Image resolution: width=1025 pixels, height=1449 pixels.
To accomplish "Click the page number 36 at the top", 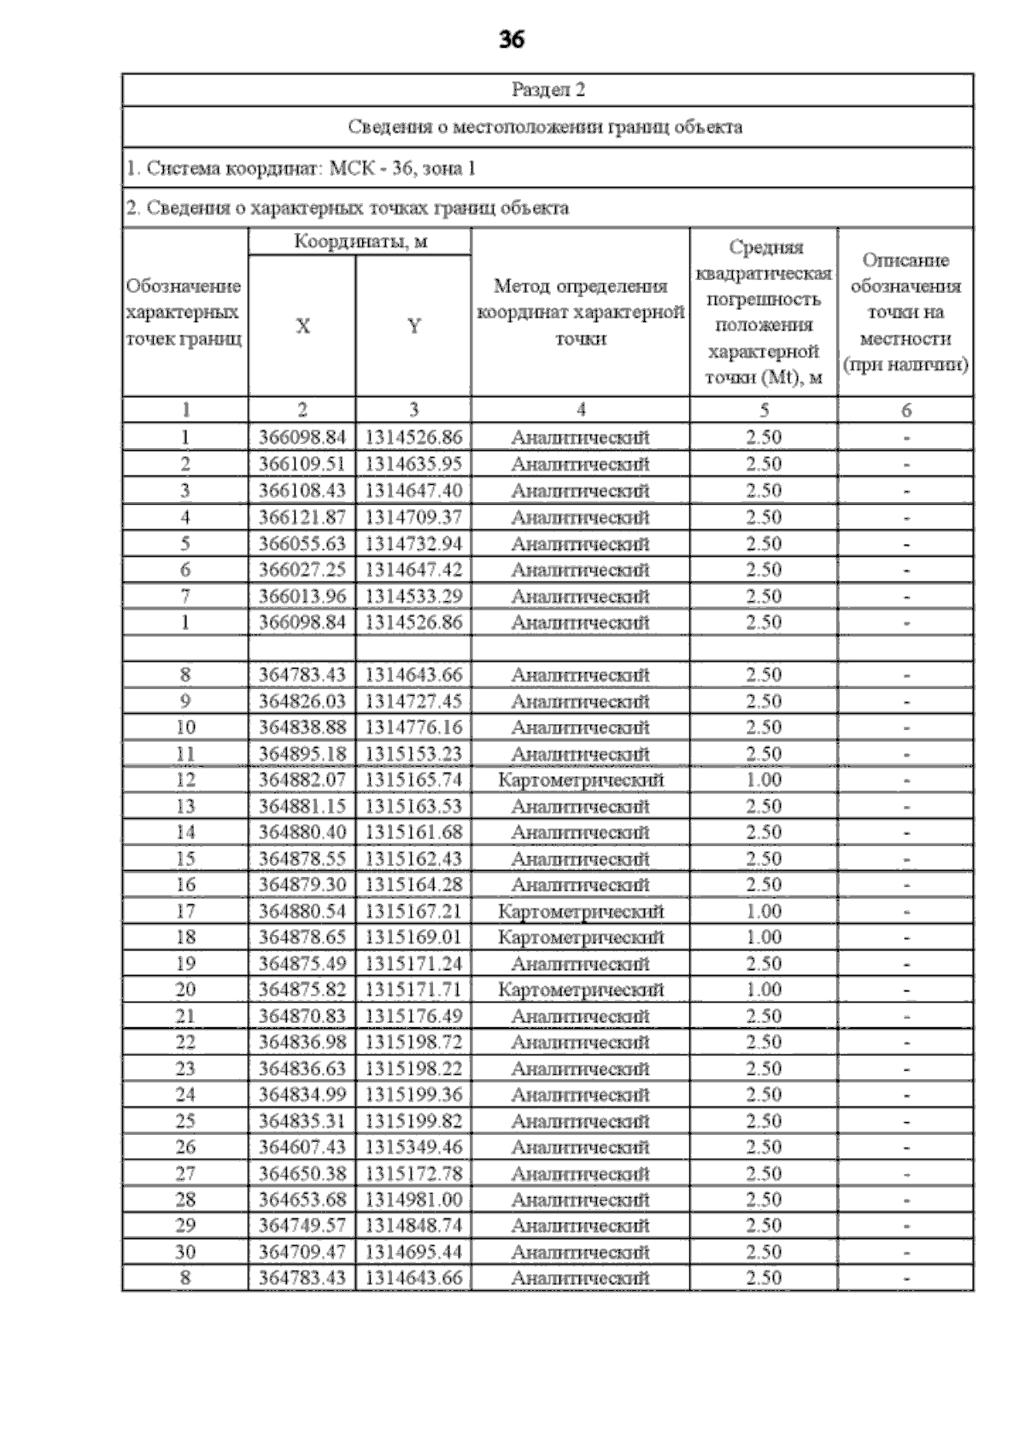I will [x=511, y=39].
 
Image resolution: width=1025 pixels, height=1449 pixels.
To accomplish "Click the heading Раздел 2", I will [x=548, y=90].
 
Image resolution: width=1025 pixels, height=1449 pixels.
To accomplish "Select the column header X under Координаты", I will [x=302, y=326].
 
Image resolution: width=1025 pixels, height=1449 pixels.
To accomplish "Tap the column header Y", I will [x=413, y=326].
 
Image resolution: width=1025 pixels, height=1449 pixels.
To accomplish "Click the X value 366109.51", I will [x=302, y=464].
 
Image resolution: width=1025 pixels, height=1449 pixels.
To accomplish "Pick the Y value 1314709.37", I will [x=413, y=517].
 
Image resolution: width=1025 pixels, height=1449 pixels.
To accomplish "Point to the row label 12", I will [x=185, y=780].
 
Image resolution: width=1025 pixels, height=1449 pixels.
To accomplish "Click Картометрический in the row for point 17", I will [x=580, y=911].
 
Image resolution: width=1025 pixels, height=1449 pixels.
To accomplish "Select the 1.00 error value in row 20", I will [x=764, y=990].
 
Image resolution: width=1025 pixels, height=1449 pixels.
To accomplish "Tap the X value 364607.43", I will [x=302, y=1147].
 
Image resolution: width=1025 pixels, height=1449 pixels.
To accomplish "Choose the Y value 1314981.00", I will [x=413, y=1200].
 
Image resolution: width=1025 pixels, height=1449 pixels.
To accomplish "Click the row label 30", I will [x=185, y=1252].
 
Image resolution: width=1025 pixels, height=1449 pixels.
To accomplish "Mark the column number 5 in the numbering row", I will [x=764, y=410].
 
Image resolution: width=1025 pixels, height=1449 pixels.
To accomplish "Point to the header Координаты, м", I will [x=360, y=242].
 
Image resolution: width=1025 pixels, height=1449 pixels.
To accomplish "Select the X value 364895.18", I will [x=302, y=753].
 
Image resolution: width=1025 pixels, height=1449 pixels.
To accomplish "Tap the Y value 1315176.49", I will [x=413, y=1016].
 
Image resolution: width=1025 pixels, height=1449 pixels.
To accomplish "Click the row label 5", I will [x=185, y=543].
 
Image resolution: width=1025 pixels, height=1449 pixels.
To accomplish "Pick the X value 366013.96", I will [x=302, y=596].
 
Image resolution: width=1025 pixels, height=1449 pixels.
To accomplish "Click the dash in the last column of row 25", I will [x=906, y=1122].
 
